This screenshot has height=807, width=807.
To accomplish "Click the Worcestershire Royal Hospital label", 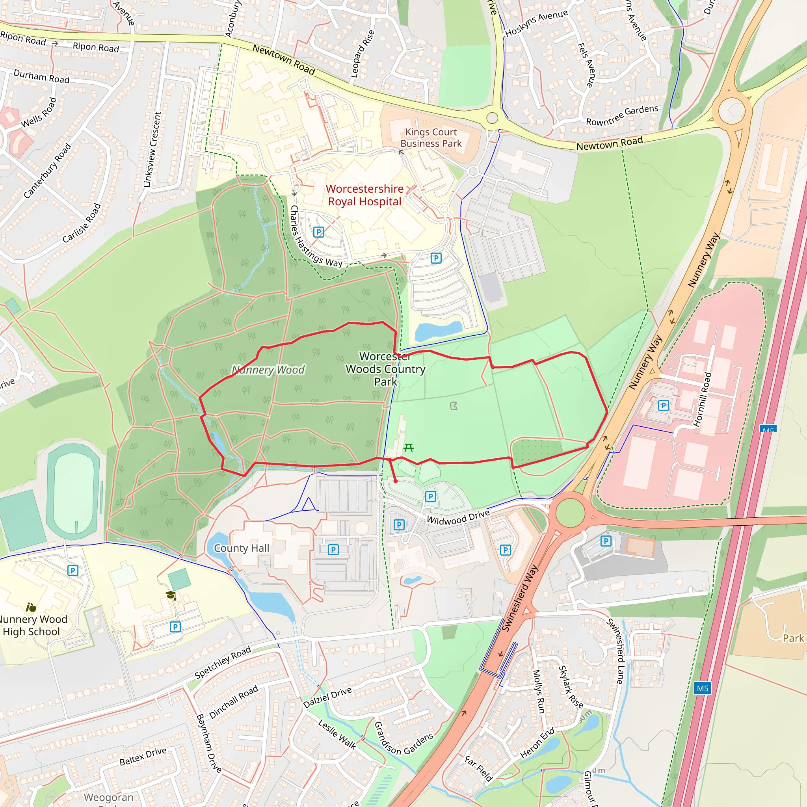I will (364, 195).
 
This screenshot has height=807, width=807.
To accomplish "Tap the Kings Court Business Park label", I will (431, 138).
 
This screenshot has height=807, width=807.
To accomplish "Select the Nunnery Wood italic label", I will (268, 370).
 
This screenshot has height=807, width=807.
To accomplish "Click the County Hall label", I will (242, 548).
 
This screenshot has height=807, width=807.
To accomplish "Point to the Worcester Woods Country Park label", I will (385, 369).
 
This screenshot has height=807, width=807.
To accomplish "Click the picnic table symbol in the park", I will (409, 448).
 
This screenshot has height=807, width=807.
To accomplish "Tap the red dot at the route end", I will (396, 481).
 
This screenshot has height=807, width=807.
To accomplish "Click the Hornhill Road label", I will (702, 399).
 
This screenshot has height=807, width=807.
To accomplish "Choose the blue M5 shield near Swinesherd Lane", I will (702, 688).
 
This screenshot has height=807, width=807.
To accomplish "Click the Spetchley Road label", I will (223, 662).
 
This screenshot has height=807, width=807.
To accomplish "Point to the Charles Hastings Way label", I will (316, 236).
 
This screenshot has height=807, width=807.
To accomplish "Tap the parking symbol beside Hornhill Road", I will (663, 405).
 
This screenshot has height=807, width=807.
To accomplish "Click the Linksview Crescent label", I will (152, 149).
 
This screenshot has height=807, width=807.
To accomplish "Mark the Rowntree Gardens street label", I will (622, 115).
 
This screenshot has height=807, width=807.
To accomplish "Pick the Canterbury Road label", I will (47, 171).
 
